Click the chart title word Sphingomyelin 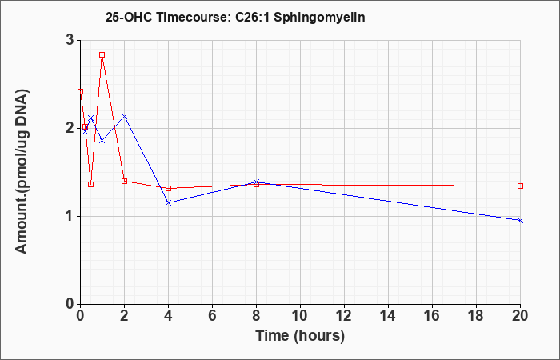point(319,18)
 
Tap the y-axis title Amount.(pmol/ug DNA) point(22,172)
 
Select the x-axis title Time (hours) point(300,336)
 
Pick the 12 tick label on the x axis point(344,316)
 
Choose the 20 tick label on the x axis point(520,316)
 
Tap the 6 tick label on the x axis point(212,316)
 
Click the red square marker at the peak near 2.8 point(102,55)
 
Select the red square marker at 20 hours point(520,186)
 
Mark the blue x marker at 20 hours point(520,220)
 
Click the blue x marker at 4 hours point(169,203)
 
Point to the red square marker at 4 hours point(169,188)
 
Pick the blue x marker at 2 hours point(124,116)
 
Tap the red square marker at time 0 point(80,92)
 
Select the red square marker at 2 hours point(124,181)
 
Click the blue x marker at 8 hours point(257,182)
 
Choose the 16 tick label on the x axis point(432,316)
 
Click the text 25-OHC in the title point(129,18)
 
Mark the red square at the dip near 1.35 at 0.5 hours point(90,184)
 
